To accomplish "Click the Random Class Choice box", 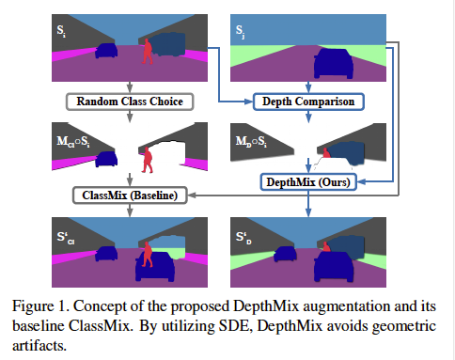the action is coord(130,102).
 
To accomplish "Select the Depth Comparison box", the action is coord(308,102).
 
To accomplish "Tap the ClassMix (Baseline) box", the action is coord(130,196).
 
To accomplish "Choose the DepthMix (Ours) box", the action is coord(308,182).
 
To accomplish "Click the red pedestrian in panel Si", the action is coord(147,52).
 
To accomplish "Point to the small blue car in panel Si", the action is coord(106,51).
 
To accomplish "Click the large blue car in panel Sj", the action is coord(334,64).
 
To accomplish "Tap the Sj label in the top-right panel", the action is coord(240,31).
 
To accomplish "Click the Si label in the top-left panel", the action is coord(61,31).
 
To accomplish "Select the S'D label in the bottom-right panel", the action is coord(243,238).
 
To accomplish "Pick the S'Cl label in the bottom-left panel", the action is coord(66,238).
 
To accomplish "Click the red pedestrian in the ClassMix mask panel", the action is coord(147,160).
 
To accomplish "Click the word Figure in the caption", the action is coord(33,306).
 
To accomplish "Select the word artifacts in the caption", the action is coord(39,346).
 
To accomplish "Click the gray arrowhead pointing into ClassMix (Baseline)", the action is coord(192,196).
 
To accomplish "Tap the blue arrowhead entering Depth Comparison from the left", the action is coord(248,102).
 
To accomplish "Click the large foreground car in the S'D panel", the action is coord(334,266).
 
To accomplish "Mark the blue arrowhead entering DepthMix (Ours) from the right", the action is coord(361,181).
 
